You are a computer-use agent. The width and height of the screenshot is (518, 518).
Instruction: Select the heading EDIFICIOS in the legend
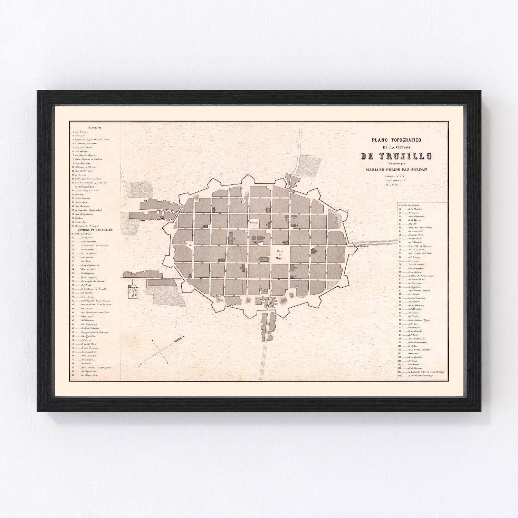tap(95, 128)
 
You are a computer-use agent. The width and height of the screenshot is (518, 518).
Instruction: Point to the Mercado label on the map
tap(254, 222)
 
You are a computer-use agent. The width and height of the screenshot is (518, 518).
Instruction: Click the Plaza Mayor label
tap(280, 254)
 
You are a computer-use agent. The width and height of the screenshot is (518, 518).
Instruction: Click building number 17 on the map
tap(315, 251)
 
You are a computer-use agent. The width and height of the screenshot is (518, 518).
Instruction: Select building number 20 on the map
tap(296, 268)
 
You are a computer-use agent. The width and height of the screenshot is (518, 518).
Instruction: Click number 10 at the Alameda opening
tap(190, 245)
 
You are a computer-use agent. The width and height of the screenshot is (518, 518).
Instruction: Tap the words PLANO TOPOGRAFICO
tap(395, 140)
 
